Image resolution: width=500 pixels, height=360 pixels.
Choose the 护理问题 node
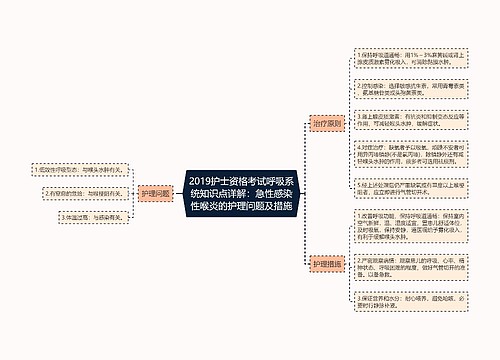point(155,192)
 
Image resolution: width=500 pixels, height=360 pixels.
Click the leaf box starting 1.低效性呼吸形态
point(73,169)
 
